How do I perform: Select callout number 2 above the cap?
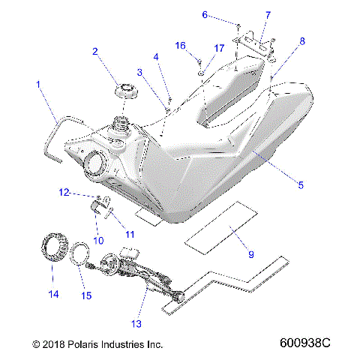[x=95, y=52]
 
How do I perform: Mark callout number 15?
[x=86, y=295]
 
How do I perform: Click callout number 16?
[x=181, y=46]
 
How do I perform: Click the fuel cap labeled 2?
[x=125, y=94]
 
